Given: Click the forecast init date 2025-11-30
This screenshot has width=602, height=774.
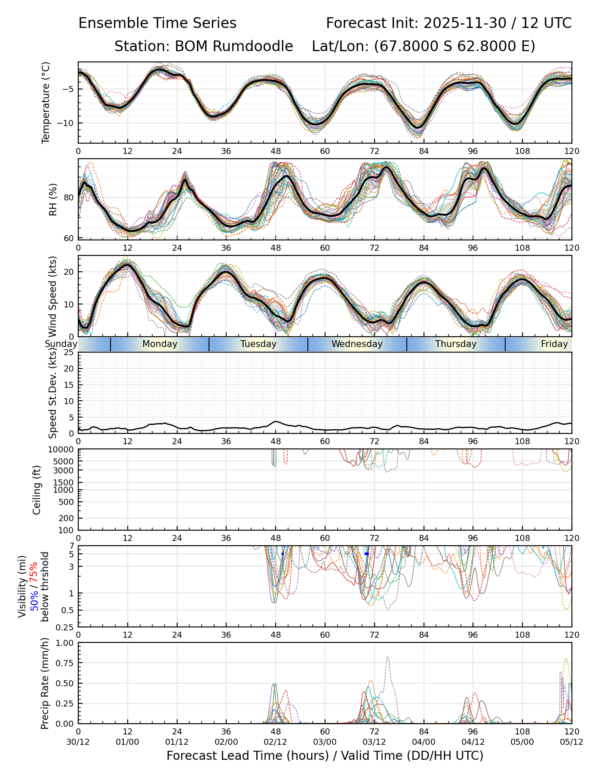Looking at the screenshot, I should (x=465, y=23).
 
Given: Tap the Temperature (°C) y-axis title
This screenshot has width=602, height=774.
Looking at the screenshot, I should (x=46, y=102).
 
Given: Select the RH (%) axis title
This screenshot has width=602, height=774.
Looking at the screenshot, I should (x=53, y=199).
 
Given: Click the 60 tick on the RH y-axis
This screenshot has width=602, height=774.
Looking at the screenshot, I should (x=70, y=238).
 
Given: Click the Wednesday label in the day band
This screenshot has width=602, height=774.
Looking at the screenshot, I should (x=357, y=344).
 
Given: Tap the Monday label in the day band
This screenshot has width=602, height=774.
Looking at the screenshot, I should (x=160, y=344).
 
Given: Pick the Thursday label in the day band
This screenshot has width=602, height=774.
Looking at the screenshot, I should (x=456, y=344).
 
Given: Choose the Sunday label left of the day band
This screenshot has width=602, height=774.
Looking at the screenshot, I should (x=61, y=344).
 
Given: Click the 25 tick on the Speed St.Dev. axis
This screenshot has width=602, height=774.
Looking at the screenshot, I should (x=70, y=353).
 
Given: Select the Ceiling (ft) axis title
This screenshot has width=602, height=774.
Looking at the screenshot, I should (x=37, y=490).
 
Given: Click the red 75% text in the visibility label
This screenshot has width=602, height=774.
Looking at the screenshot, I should (x=34, y=572).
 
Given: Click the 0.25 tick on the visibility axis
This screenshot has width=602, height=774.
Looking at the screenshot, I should (x=65, y=627).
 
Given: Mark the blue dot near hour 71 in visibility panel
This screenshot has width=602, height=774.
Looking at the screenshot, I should (x=366, y=554).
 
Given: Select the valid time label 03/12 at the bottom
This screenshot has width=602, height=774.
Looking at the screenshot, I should (x=374, y=742).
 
